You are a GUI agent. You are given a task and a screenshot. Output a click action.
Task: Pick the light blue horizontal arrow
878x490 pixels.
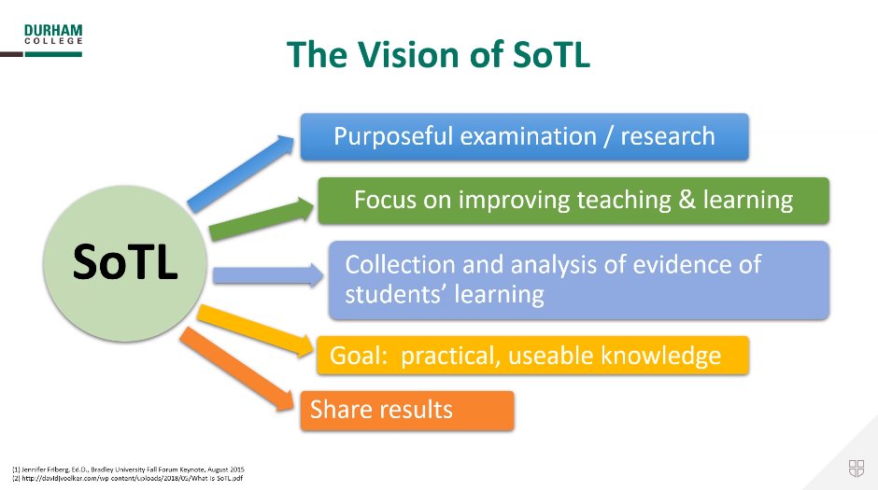click(266, 274)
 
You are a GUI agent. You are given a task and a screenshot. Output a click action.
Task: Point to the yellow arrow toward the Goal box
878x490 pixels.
click(256, 329)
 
